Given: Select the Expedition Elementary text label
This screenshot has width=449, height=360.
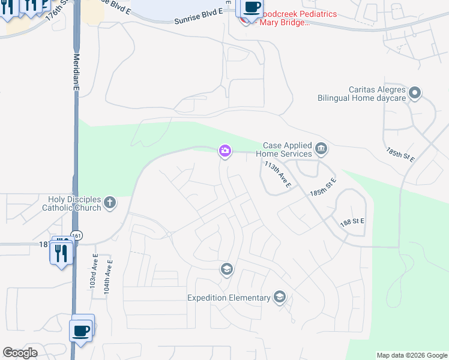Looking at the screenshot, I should coord(229,298).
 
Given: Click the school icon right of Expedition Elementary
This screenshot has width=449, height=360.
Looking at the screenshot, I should coord(279,296).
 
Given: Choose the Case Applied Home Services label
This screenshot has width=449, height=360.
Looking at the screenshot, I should coord(288,150).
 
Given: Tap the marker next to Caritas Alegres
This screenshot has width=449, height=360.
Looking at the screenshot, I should coord(415,93).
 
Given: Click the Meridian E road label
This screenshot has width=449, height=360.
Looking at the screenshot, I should coord(76,71).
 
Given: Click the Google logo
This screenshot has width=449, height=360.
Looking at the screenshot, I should coord(20,353).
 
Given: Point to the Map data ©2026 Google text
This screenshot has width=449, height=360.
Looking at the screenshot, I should coord(411,355).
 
